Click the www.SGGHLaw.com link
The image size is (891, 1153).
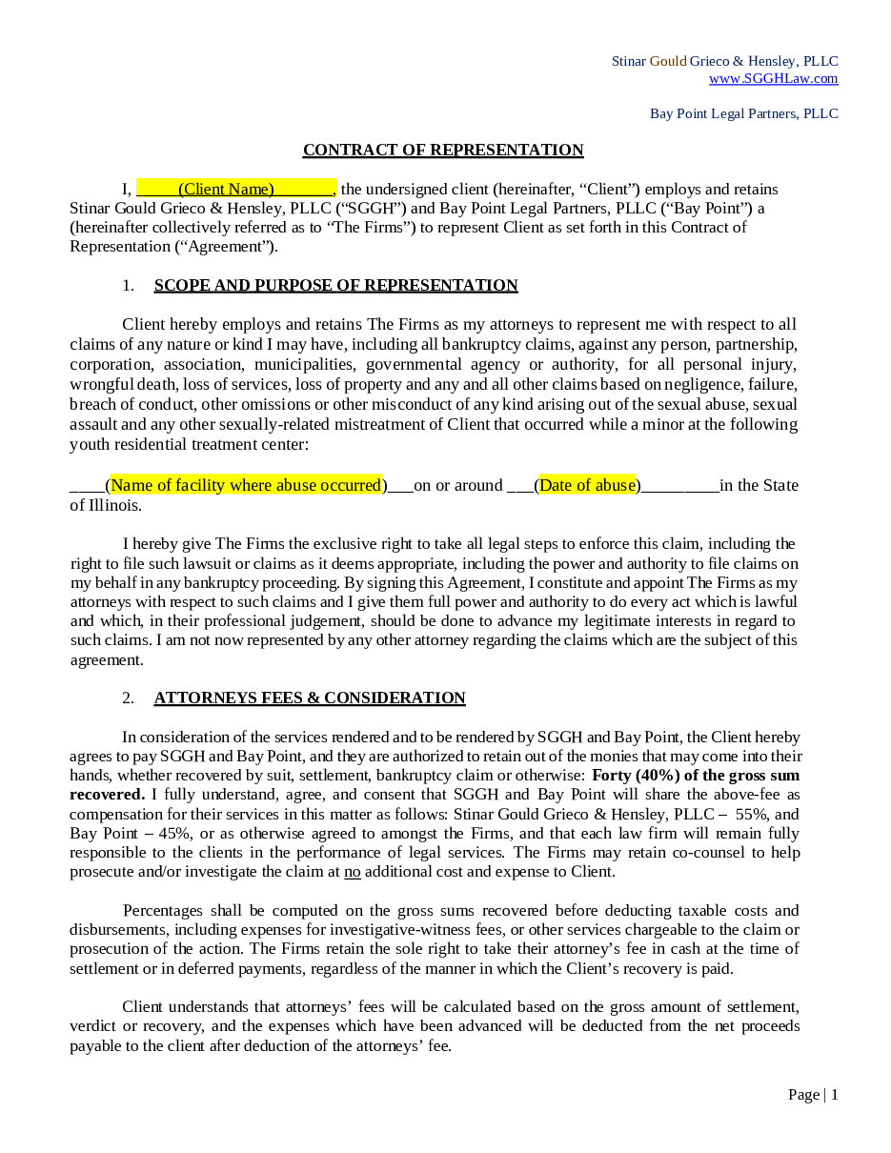coord(773,78)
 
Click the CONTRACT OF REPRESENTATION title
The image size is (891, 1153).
coord(443,150)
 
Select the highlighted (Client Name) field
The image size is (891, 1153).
coord(227,189)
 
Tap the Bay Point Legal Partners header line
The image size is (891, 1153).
coord(743,113)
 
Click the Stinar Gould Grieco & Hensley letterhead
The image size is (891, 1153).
coord(724,61)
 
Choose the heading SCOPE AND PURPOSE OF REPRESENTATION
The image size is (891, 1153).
coord(335,285)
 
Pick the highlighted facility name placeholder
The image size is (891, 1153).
coord(246,485)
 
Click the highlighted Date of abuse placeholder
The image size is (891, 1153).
coord(587,485)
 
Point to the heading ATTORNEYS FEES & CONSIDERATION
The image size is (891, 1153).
coord(310,698)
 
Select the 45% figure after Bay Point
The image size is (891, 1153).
coord(175,833)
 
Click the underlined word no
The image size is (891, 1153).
coord(353,871)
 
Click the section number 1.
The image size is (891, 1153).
coord(128,285)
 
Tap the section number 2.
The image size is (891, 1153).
coord(128,698)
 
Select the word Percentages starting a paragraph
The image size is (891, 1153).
coord(163,910)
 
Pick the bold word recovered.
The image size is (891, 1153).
coord(107,794)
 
